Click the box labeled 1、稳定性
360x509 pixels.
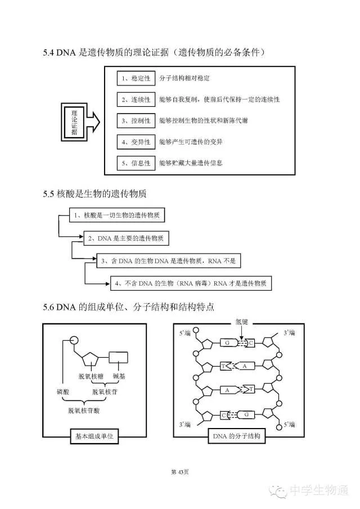[136, 78]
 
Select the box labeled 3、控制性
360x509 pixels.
[136, 120]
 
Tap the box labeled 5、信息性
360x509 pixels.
[136, 163]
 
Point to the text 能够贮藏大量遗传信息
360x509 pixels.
[191, 163]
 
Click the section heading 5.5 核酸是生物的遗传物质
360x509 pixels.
[94, 194]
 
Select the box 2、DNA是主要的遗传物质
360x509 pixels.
[126, 238]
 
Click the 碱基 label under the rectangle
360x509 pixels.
[119, 376]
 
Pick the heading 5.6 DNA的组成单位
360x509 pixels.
[128, 308]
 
